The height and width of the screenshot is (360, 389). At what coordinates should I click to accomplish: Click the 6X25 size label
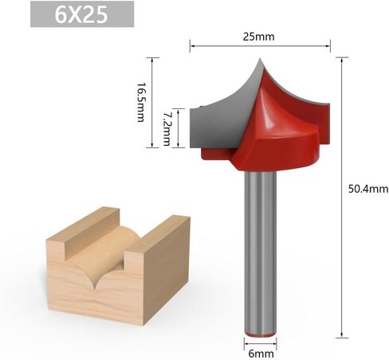point(81,14)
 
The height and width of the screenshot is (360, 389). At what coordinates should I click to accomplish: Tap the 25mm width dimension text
point(258,37)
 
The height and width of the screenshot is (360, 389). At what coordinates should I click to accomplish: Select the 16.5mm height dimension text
point(141,102)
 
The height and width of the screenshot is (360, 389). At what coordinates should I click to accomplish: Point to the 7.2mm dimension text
point(167,128)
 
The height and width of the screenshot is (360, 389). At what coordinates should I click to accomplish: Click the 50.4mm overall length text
point(368,189)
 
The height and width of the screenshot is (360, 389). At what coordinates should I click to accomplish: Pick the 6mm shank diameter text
point(261,354)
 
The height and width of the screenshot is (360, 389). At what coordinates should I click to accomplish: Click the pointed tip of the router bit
point(260,58)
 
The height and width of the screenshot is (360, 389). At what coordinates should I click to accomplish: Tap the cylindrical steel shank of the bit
point(261,253)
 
